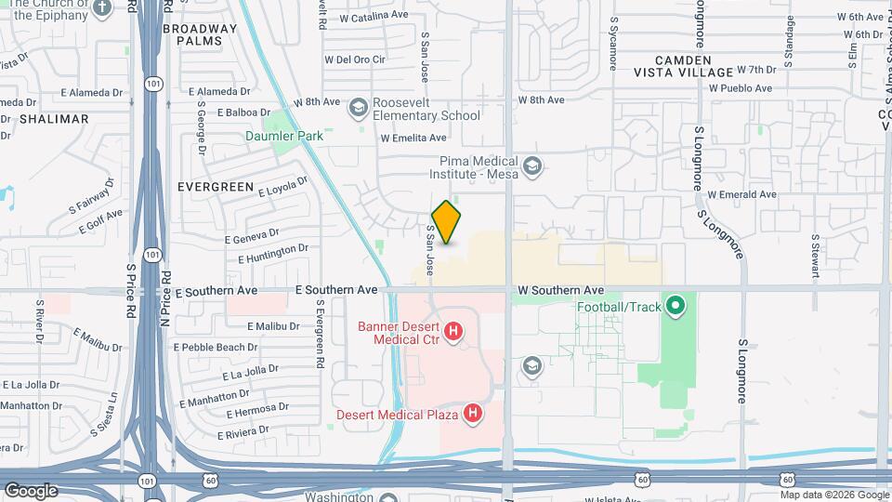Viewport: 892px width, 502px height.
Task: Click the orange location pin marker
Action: [446, 222]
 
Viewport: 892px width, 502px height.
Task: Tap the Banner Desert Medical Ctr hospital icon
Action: [453, 331]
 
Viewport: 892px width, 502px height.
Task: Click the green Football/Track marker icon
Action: [676, 304]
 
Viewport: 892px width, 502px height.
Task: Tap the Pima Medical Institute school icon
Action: [532, 166]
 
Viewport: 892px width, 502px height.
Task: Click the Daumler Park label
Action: [284, 136]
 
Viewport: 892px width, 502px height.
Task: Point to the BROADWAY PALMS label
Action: [200, 35]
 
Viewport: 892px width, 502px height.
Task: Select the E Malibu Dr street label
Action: [273, 326]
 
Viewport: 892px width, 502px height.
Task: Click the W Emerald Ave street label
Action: [741, 194]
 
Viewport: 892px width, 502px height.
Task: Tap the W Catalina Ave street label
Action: [374, 16]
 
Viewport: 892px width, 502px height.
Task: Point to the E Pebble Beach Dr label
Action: [216, 347]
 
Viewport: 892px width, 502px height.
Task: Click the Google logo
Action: [31, 490]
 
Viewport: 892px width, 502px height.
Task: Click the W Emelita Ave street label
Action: [413, 138]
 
